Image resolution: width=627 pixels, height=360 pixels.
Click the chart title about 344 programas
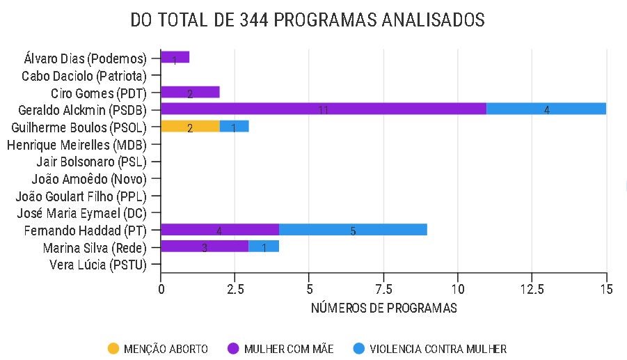(x=308, y=21)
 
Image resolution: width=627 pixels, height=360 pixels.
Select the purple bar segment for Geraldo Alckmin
(x=323, y=109)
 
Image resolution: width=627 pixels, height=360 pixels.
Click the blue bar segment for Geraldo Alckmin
(x=546, y=109)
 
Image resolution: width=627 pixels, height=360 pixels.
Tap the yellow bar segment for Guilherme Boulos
(x=190, y=126)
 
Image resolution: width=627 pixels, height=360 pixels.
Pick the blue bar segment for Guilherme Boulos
(x=234, y=126)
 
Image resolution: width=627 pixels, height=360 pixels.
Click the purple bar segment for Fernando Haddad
(x=219, y=230)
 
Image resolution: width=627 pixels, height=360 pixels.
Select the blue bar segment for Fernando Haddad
(x=353, y=230)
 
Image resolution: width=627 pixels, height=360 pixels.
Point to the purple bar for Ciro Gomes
(x=190, y=92)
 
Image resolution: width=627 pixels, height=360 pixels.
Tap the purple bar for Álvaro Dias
(x=175, y=57)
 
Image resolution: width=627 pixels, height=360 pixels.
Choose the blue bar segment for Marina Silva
(x=264, y=246)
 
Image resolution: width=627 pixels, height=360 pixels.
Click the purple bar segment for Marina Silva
(x=205, y=246)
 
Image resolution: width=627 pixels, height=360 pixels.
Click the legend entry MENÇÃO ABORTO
(x=158, y=349)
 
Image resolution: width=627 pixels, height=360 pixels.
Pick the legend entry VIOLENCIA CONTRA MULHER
(x=430, y=349)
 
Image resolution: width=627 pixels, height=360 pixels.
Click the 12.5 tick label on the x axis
(x=531, y=287)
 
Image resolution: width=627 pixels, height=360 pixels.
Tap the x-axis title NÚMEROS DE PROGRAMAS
(x=383, y=308)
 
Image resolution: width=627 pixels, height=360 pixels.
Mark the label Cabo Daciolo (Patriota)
(x=84, y=75)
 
